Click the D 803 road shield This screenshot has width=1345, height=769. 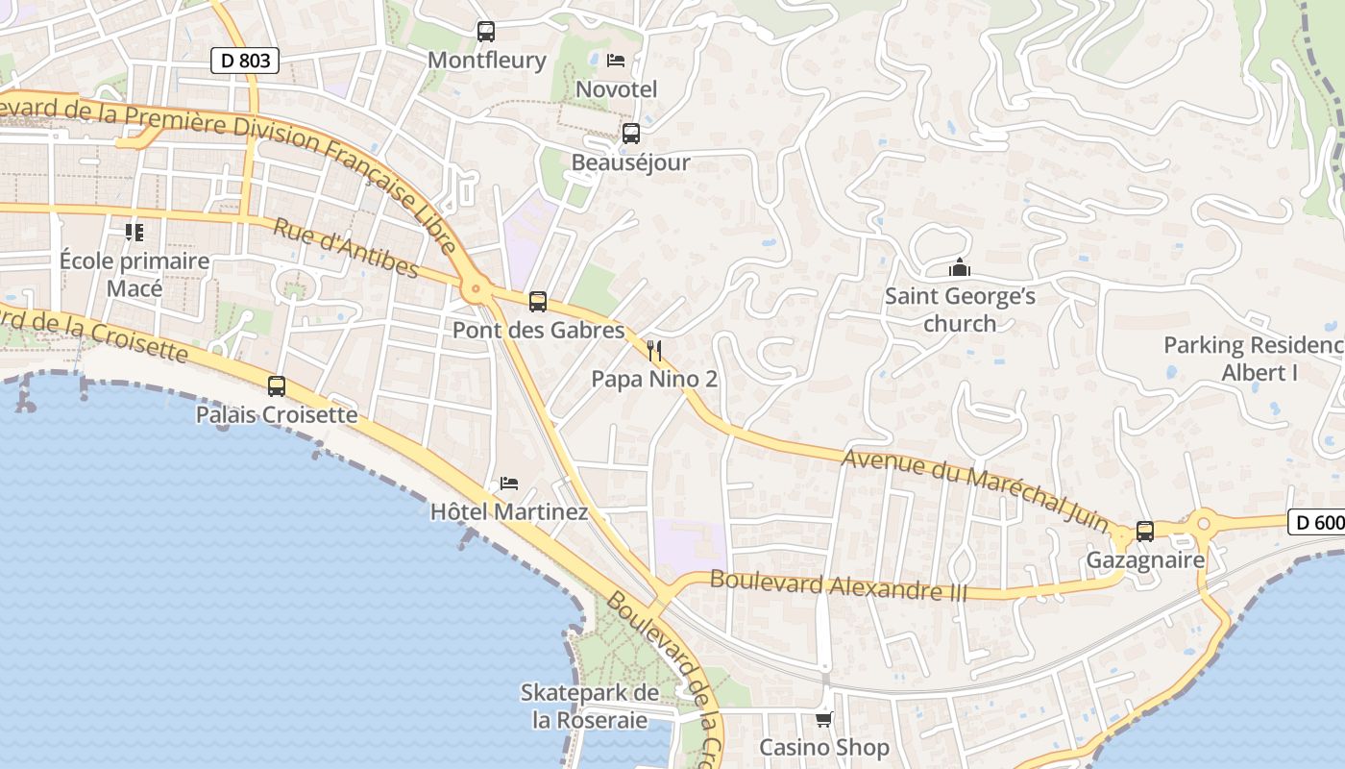coord(245,61)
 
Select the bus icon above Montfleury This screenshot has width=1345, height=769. coord(486,32)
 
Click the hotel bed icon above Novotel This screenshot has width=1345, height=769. coord(616,61)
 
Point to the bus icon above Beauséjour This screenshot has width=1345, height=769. coord(631,134)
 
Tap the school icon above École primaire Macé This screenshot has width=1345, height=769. coord(134,232)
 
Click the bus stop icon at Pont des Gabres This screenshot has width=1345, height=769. coord(538,302)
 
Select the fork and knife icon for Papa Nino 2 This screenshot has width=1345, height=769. coord(654,350)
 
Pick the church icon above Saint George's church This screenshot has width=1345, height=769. coord(959,267)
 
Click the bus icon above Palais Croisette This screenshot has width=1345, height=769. coord(277,386)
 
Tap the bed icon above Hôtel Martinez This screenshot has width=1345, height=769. coord(509,483)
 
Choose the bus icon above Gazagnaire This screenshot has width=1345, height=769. coord(1144,532)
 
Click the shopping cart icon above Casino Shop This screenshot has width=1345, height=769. coord(823,719)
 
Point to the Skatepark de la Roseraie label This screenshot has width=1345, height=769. coord(590,706)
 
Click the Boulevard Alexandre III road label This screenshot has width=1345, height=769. coord(838,585)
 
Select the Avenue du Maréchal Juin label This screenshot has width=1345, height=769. coord(975,484)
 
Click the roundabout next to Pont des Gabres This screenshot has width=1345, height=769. coord(475,288)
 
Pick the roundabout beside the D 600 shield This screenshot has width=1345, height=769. coord(1203,524)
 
